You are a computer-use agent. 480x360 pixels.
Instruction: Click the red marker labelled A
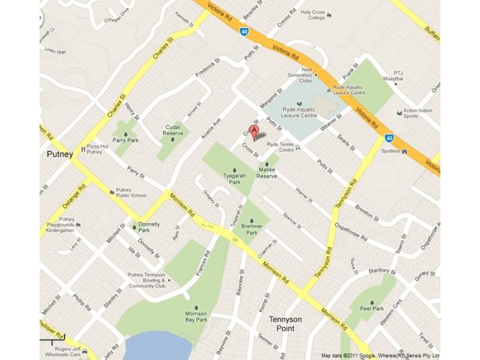coord(254,131)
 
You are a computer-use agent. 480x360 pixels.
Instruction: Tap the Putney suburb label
coord(60,154)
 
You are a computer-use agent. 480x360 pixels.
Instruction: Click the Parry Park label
coord(125,140)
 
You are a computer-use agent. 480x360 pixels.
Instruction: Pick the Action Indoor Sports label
coord(418,113)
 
